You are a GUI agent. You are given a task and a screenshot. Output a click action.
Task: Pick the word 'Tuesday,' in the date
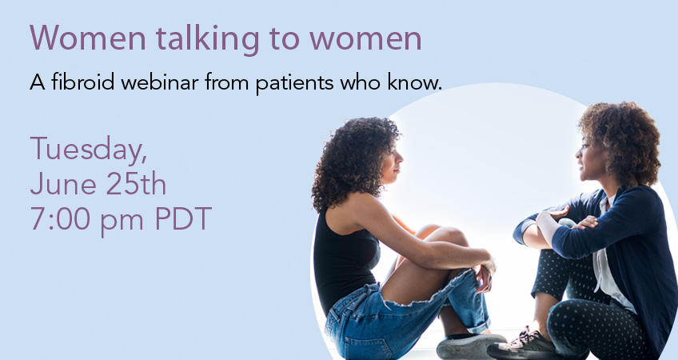(89, 150)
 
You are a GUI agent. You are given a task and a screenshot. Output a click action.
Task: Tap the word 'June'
(63, 185)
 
